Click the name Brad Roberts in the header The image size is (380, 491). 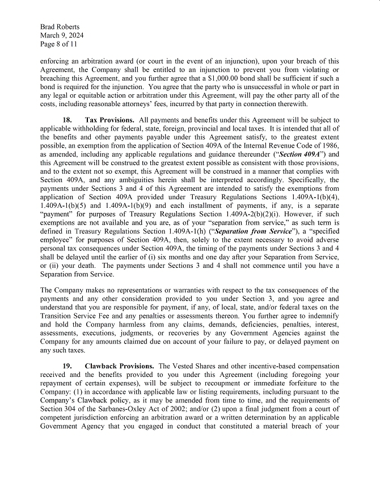(x=60, y=27)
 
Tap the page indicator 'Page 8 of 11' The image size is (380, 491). (x=60, y=44)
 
